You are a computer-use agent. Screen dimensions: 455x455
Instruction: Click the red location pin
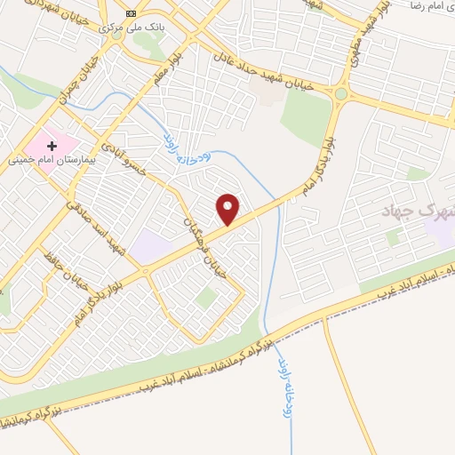[229, 208]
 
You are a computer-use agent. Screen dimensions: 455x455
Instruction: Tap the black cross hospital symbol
[52, 145]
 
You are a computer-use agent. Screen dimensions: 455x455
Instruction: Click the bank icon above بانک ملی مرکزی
[132, 13]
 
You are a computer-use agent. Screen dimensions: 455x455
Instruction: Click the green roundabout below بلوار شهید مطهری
[341, 92]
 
